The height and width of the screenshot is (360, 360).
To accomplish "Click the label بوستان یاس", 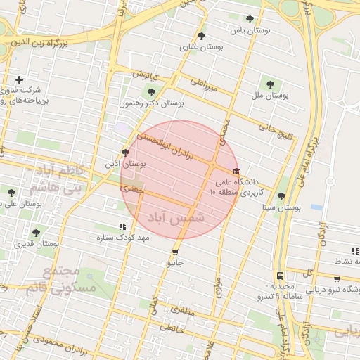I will (250, 32).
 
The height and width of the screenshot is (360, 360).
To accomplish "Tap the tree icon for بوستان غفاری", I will (201, 35).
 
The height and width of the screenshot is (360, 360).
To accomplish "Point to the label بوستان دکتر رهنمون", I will (150, 103).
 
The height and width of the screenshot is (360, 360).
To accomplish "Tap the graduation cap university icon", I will (236, 171).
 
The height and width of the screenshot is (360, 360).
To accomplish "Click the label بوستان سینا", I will (281, 208).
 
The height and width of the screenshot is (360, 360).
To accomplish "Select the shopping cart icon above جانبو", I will (175, 252).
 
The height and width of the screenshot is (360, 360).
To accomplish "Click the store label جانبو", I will (175, 264).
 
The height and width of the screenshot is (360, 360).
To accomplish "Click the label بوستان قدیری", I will (36, 244).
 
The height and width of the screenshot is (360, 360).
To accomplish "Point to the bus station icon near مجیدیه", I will (281, 276).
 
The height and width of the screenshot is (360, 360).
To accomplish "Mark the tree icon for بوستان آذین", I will (125, 152).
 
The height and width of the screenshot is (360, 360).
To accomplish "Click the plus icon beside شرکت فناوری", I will (19, 79).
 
